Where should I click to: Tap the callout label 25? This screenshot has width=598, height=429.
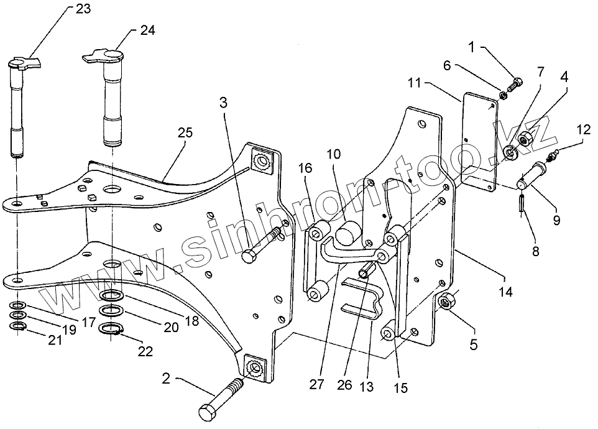[185, 132]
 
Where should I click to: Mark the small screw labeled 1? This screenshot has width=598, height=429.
[515, 84]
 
